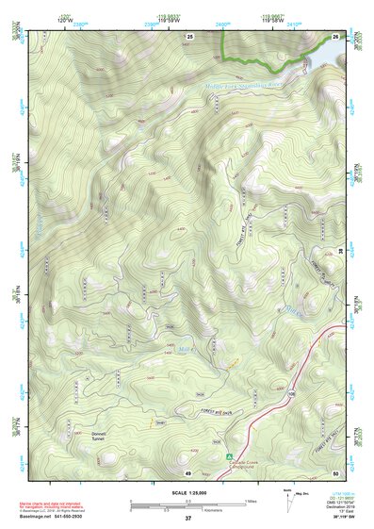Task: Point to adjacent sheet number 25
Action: pos(189,36)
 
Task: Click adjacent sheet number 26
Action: pos(336,36)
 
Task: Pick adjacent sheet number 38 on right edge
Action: pos(340,249)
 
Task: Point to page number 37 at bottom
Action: pos(188,519)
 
